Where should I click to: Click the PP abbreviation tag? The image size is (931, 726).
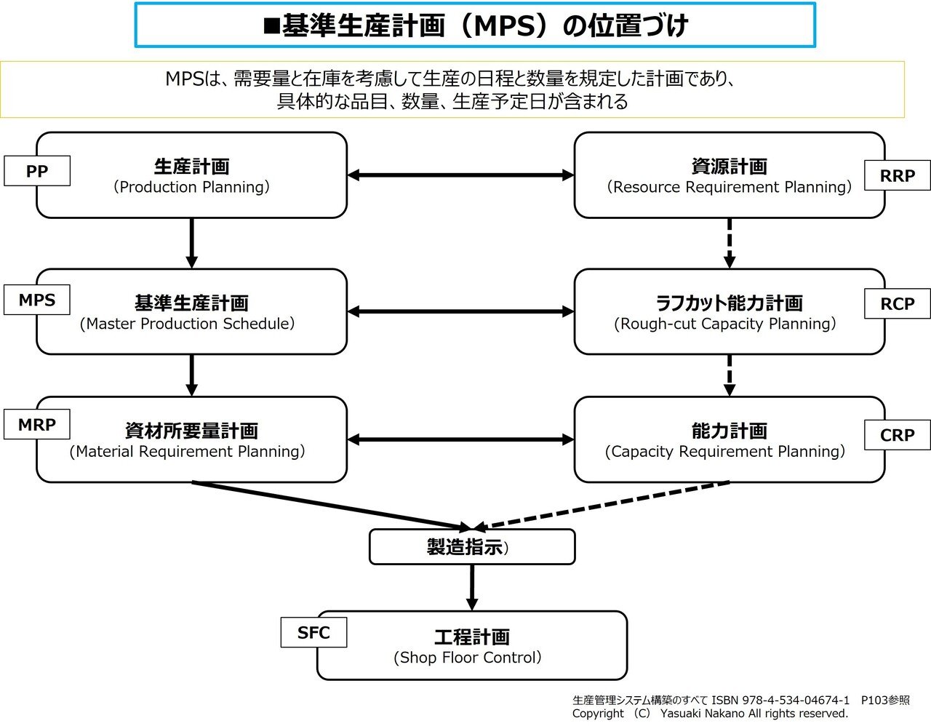[x=37, y=171]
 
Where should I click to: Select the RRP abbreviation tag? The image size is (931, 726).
[x=897, y=175]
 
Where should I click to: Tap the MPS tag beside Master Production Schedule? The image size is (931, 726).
[x=37, y=300]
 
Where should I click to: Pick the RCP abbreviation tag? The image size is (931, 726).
[x=897, y=303]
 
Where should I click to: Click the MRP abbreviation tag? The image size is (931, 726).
[x=37, y=424]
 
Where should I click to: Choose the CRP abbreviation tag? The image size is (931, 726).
[x=897, y=435]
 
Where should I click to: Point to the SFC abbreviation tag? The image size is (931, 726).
[x=313, y=632]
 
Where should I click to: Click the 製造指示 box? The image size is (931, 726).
[x=471, y=547]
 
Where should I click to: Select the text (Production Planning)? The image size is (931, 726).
[x=191, y=187]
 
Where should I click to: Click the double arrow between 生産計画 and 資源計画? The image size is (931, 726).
[x=460, y=175]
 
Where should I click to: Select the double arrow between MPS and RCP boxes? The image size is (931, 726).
[x=460, y=311]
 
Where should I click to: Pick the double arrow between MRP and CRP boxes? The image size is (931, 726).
[x=460, y=439]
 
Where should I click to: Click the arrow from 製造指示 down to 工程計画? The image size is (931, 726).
[x=471, y=587]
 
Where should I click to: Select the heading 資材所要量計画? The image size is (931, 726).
[x=191, y=431]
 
